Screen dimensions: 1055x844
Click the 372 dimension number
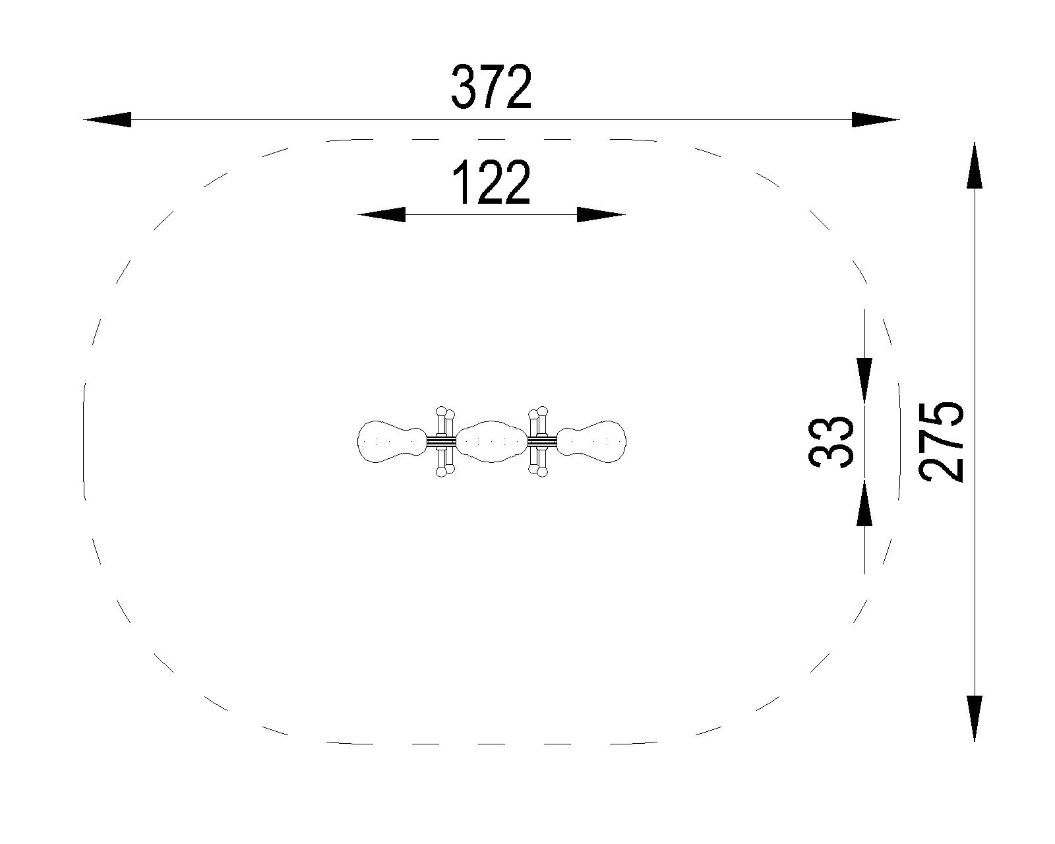pos(491,87)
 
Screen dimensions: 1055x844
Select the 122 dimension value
pos(492,182)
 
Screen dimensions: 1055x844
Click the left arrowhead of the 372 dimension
pos(107,119)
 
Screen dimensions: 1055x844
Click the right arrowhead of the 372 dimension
pos(876,119)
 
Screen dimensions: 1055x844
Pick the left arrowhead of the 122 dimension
pos(381,215)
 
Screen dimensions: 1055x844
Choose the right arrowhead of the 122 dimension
pos(601,215)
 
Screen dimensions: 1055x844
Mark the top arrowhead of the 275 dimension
pos(975,166)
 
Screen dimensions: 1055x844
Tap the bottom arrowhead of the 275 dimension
pos(975,719)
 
